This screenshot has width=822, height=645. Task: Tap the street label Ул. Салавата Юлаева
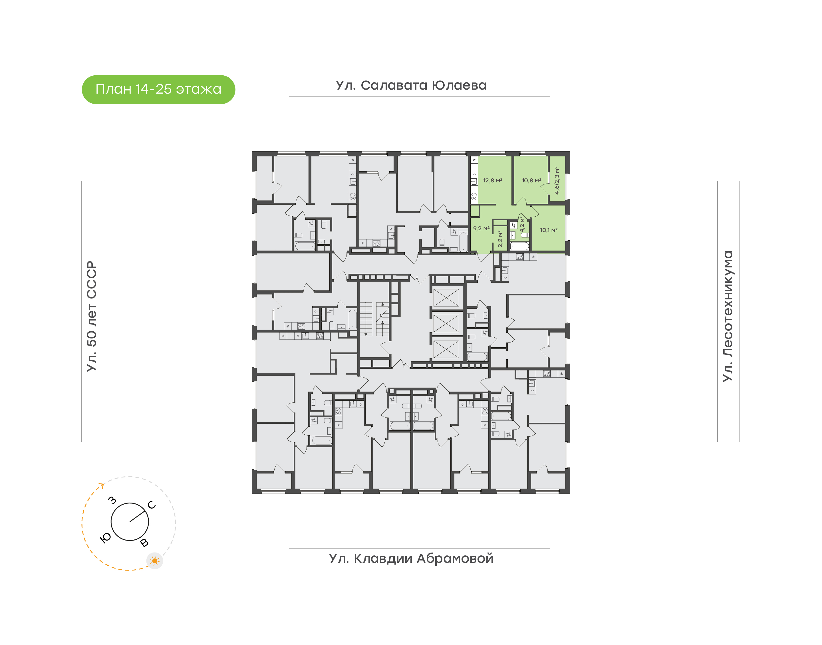[411, 85]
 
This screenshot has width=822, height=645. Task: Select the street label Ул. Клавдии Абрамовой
[411, 558]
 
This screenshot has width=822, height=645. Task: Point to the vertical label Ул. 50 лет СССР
[92, 316]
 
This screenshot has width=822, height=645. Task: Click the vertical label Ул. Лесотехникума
[728, 316]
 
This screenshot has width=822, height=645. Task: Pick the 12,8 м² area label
[492, 180]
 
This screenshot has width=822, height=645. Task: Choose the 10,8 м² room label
[531, 180]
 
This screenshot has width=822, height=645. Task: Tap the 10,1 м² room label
[549, 230]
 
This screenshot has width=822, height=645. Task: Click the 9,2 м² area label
[481, 229]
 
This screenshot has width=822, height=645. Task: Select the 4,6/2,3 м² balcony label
[557, 180]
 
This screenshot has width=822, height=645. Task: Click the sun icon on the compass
[154, 561]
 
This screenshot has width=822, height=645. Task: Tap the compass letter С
[152, 505]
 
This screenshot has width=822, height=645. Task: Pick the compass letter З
[112, 500]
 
